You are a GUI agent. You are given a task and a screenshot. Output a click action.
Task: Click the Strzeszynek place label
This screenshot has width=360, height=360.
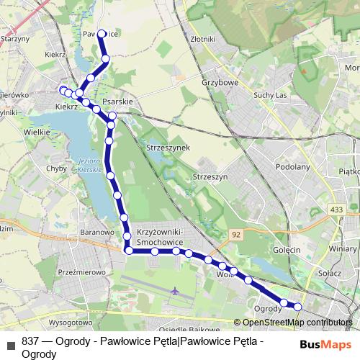pyautogui.click(x=167, y=147)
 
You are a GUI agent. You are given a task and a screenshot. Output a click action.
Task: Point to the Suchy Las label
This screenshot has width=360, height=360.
pyautogui.click(x=271, y=95)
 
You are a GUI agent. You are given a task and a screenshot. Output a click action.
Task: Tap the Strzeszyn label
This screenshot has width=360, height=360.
pyautogui.click(x=210, y=176)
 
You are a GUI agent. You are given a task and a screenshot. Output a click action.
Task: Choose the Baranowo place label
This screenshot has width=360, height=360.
pyautogui.click(x=97, y=233)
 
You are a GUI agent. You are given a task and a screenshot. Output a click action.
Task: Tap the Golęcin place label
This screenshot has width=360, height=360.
pyautogui.click(x=286, y=249)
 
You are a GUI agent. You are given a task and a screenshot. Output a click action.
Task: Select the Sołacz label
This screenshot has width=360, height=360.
pyautogui.click(x=328, y=274)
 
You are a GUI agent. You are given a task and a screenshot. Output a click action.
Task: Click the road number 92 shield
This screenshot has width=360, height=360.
pyautogui.click(x=236, y=235)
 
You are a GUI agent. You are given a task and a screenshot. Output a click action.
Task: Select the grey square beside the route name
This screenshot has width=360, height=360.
pyautogui.click(x=11, y=345)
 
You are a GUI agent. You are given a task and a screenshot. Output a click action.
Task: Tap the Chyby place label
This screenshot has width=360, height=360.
pyautogui.click(x=55, y=168)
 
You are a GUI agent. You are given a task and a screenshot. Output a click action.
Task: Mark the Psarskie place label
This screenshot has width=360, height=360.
pyautogui.click(x=118, y=102)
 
